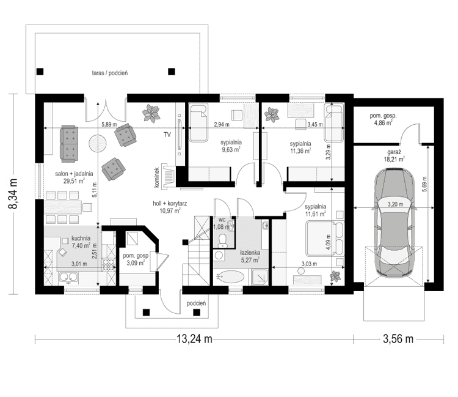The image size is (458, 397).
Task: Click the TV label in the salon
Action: point(166,134)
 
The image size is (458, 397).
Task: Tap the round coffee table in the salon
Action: point(99,143)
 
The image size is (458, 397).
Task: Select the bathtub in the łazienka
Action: point(229,276)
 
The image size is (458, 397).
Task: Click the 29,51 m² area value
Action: point(77,182)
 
